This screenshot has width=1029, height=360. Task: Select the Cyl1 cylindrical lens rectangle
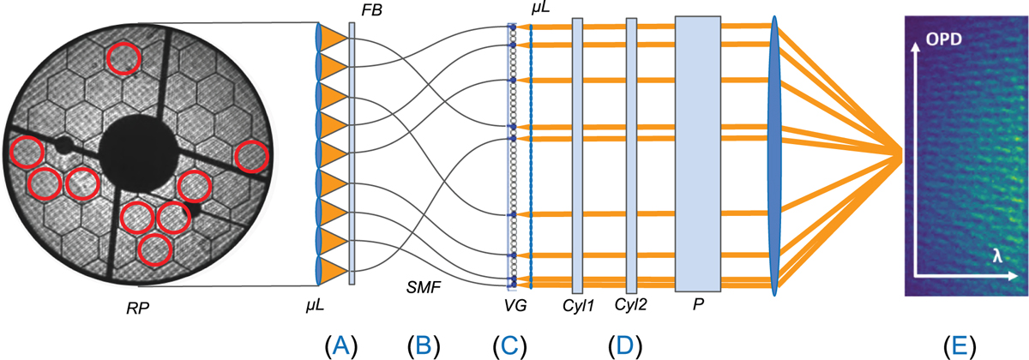(577, 154)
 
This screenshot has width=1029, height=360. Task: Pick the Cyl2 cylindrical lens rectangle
(631, 154)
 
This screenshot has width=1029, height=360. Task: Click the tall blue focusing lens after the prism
(775, 154)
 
